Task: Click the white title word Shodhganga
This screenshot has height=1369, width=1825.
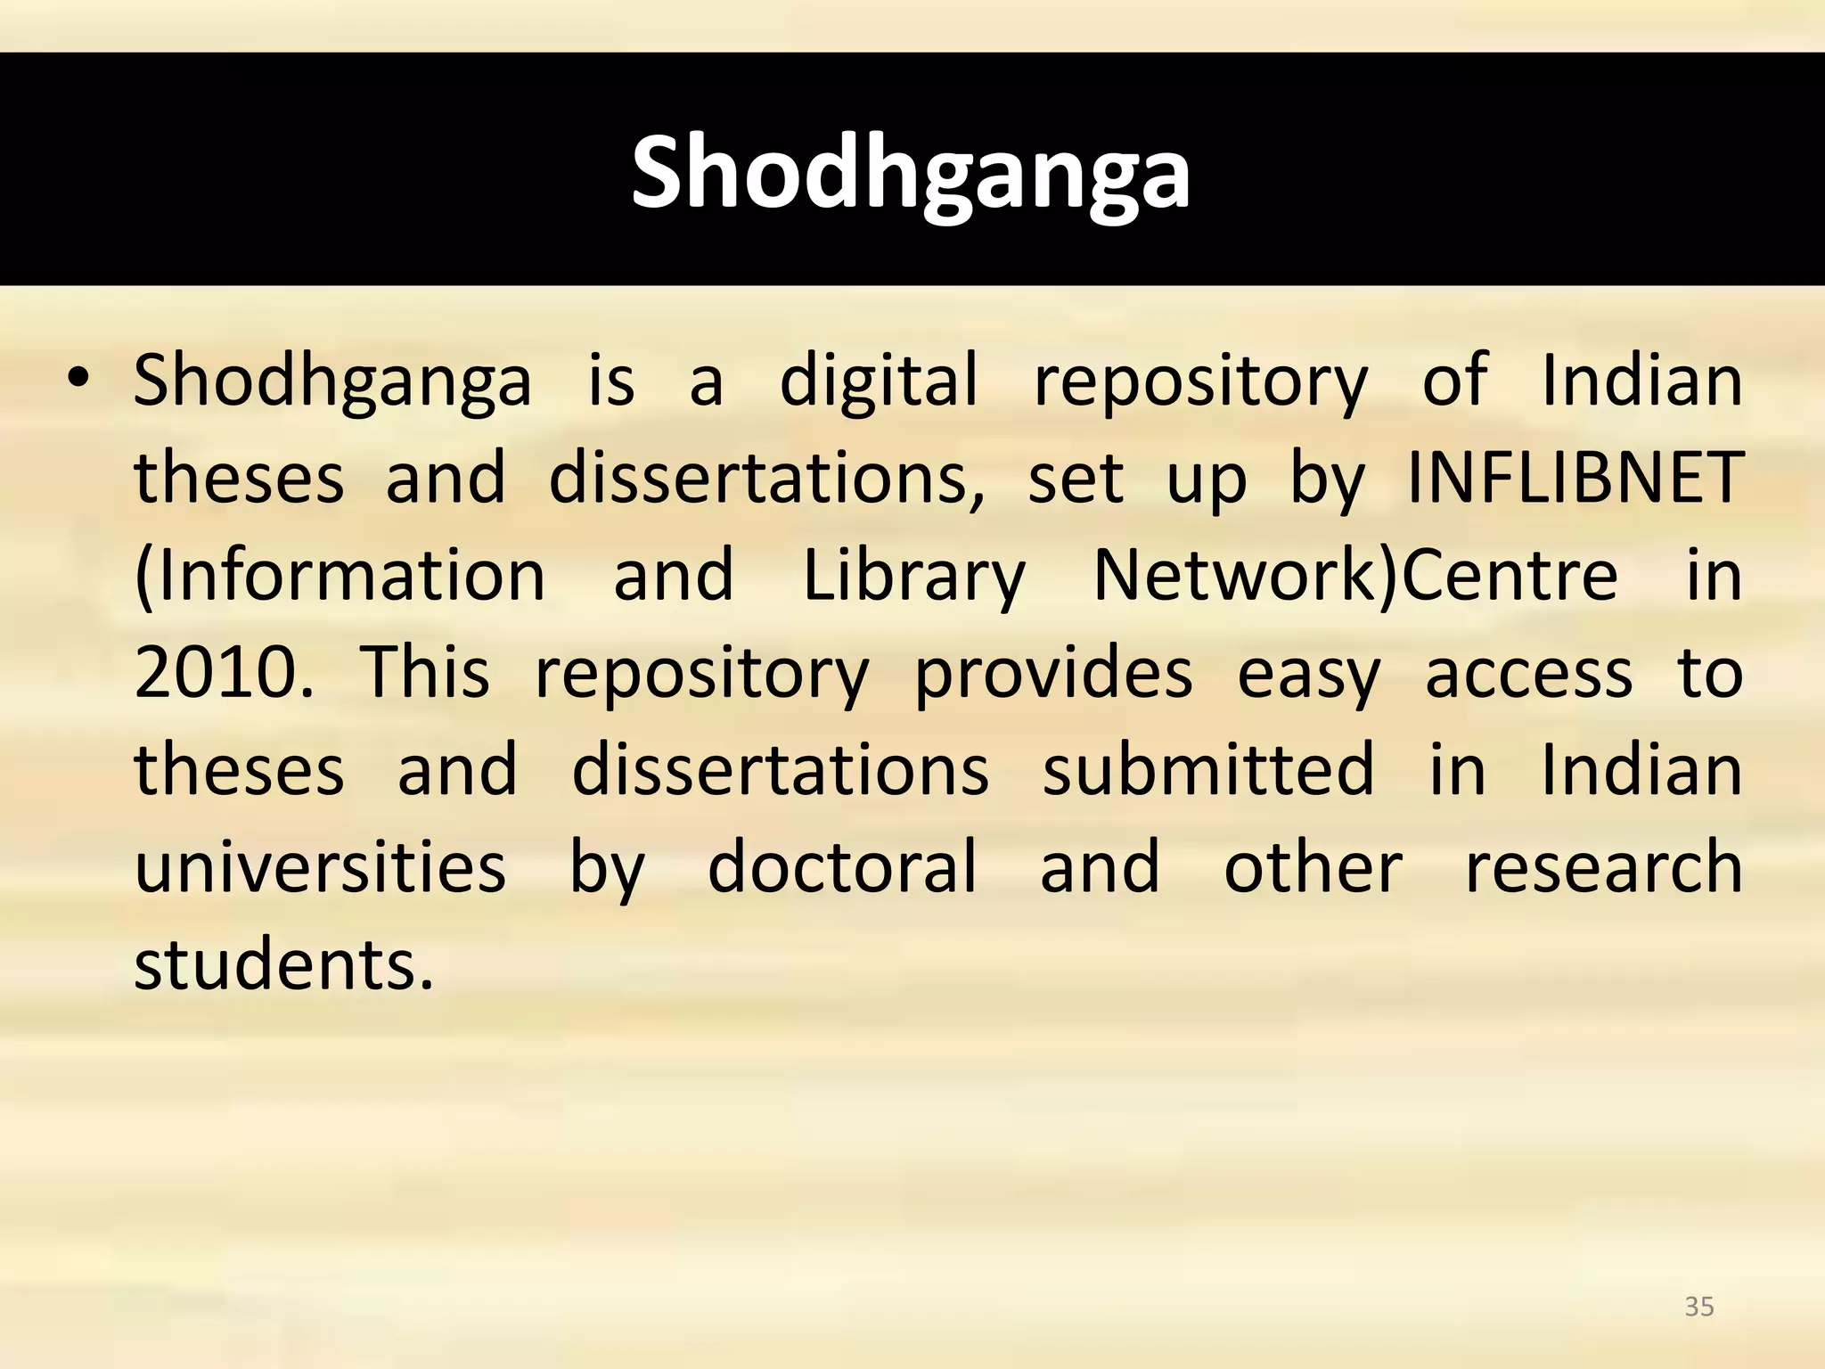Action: click(911, 173)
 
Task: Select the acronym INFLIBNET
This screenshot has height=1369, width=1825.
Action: click(1575, 478)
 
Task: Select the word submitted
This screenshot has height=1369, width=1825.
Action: click(1208, 770)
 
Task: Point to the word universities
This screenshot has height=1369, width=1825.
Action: click(320, 867)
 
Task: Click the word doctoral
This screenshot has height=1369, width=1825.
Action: click(842, 867)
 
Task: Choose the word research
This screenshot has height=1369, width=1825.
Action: click(1604, 867)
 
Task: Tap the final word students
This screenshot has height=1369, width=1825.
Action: click(283, 964)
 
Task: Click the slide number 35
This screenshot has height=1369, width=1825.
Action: click(1699, 1307)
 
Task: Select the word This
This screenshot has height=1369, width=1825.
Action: click(424, 673)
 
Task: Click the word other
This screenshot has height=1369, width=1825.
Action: click(1314, 867)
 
